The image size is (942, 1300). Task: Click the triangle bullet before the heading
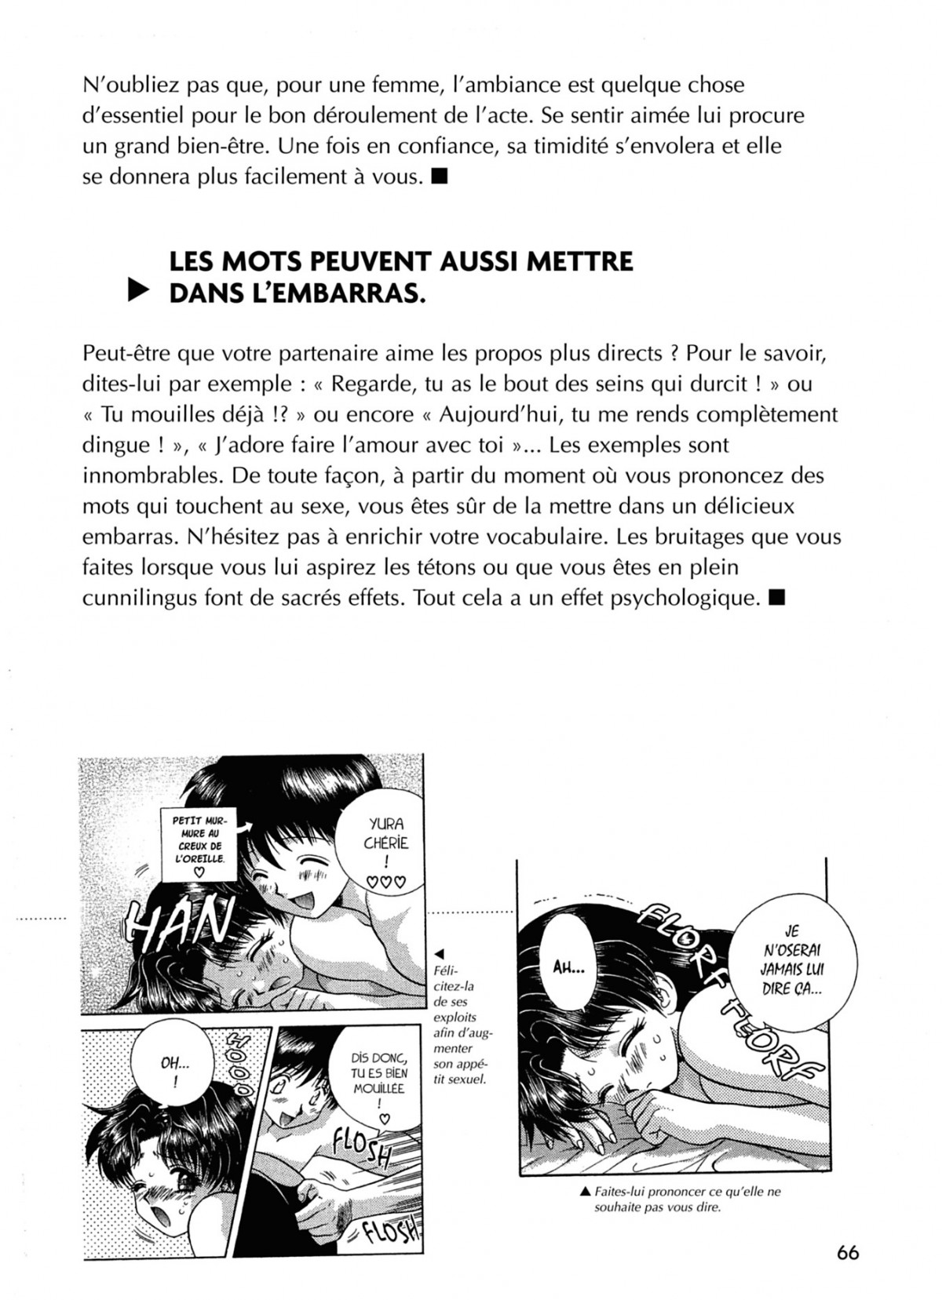138,293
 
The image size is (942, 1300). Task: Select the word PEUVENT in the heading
358,260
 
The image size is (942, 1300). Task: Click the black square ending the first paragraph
440,177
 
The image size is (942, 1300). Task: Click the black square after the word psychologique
778,598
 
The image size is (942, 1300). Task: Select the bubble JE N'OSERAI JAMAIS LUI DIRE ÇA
790,960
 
